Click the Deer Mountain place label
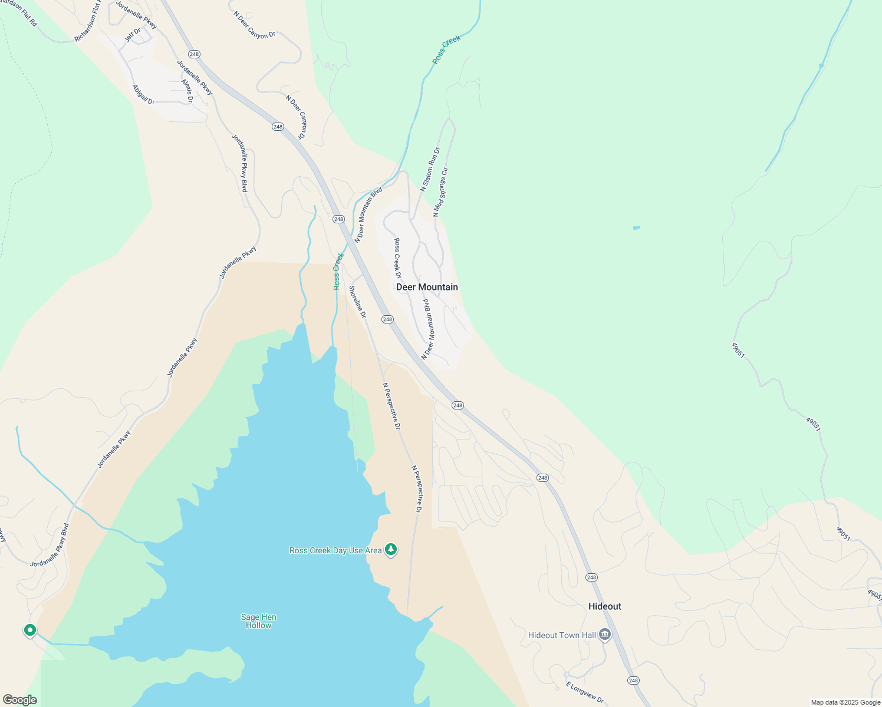point(427,288)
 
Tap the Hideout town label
point(604,606)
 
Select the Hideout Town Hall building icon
point(604,635)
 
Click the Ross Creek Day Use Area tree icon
point(390,550)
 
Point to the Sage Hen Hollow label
point(258,621)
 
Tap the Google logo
point(19,700)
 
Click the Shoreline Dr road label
point(357,302)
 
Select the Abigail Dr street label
point(143,95)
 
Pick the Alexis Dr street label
point(187,91)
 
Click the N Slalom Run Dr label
point(430,170)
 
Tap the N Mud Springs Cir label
point(440,192)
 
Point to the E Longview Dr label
point(585,692)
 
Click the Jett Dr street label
point(133,35)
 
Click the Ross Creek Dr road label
point(397,258)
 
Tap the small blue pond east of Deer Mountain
point(636,227)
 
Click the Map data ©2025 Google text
point(845,702)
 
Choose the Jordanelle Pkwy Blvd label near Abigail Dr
point(239,163)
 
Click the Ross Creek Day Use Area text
point(335,550)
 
